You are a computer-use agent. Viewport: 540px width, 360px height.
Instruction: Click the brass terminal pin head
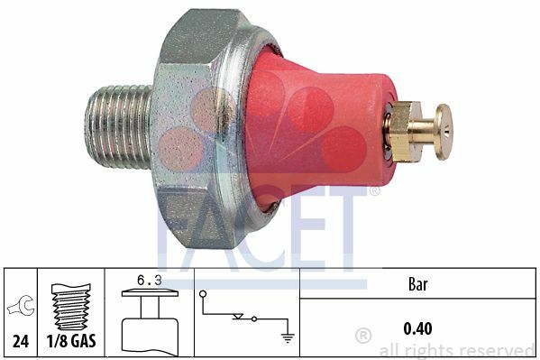[444, 132]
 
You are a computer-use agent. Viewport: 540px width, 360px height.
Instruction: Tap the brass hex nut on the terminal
[401, 132]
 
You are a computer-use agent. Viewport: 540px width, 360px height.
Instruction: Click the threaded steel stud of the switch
[118, 127]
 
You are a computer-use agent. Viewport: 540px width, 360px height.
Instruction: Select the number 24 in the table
[21, 341]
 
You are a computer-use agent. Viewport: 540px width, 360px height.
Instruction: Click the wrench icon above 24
[22, 306]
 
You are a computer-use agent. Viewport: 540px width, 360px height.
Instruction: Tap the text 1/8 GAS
[71, 341]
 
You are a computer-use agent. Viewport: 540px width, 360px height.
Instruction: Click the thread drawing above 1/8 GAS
[71, 307]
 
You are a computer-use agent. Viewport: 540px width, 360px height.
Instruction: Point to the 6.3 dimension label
[149, 281]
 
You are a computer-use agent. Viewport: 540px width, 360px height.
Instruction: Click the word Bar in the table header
[417, 284]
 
